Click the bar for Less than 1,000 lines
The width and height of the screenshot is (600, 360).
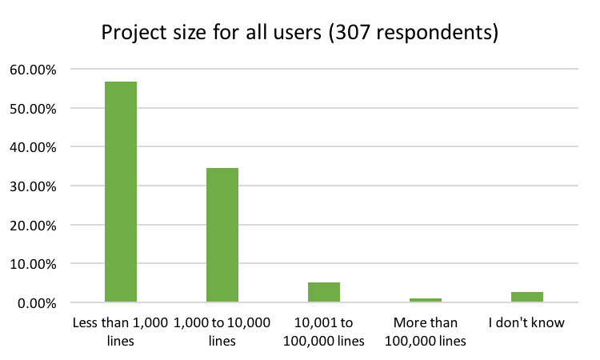121,192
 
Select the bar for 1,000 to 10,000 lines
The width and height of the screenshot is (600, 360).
222,235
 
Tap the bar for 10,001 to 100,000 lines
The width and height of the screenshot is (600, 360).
324,293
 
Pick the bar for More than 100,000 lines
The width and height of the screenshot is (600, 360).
426,300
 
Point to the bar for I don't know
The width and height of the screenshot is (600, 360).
527,298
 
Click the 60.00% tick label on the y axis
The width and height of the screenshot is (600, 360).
33,70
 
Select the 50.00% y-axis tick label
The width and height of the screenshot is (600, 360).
33,108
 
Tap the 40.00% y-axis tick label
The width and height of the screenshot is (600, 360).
33,147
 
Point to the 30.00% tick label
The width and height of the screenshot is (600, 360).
33,186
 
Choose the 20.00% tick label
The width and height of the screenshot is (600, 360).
33,225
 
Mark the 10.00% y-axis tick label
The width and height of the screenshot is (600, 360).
33,264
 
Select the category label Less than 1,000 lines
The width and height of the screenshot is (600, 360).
121,331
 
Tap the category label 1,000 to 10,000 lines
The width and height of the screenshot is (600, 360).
222,331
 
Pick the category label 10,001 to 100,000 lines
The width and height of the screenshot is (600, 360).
324,331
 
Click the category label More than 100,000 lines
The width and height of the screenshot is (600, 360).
426,331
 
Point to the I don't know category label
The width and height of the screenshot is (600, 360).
527,323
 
